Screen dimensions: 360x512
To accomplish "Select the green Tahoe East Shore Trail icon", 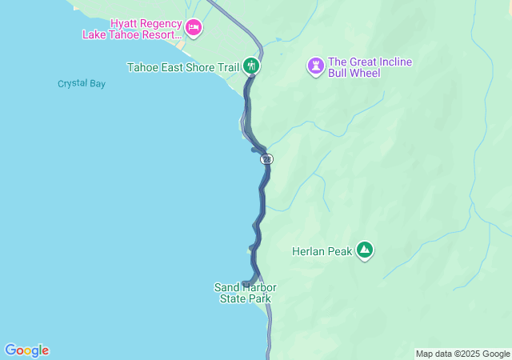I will (x=252, y=66).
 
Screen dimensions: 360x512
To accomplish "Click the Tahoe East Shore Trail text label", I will (x=183, y=67).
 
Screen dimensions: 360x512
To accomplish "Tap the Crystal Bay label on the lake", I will (x=81, y=84).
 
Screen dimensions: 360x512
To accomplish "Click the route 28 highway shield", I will (x=266, y=159).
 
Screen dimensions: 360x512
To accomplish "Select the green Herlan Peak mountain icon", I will (x=365, y=250).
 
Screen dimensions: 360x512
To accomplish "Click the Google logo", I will (x=26, y=350).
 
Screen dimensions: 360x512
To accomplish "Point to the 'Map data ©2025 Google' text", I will (x=462, y=354).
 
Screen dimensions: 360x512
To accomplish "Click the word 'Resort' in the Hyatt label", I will (x=160, y=34).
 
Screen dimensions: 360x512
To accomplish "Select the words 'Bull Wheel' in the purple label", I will (x=354, y=74).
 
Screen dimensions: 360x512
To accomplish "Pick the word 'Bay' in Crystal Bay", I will (x=96, y=84).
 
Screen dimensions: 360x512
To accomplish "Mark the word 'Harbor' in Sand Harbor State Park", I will (x=258, y=287).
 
